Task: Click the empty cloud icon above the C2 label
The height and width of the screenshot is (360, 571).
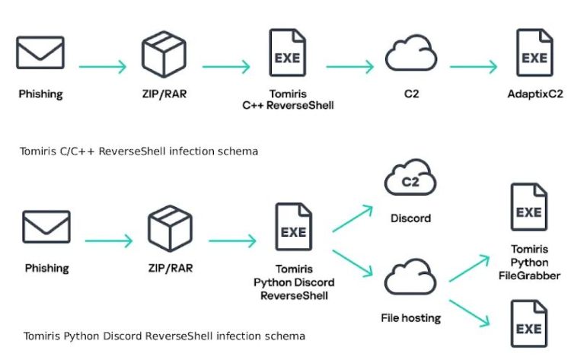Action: pyautogui.click(x=410, y=54)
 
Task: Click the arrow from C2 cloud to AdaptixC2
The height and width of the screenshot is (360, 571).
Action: pyautogui.click(x=473, y=66)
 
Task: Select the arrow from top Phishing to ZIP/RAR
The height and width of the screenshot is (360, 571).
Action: pyautogui.click(x=102, y=66)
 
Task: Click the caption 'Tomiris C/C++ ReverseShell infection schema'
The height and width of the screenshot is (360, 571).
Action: pyautogui.click(x=139, y=151)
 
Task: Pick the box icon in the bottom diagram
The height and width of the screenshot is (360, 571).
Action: pyautogui.click(x=170, y=227)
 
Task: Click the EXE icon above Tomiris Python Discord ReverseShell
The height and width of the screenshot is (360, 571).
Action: pyautogui.click(x=293, y=228)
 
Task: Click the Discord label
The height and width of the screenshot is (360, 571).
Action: pyautogui.click(x=410, y=218)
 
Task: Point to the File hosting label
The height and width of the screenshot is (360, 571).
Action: pyautogui.click(x=410, y=318)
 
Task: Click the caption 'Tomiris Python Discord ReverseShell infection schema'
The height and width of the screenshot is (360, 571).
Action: pyautogui.click(x=164, y=336)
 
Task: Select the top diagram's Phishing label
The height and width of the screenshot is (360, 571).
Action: pyautogui.click(x=40, y=95)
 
